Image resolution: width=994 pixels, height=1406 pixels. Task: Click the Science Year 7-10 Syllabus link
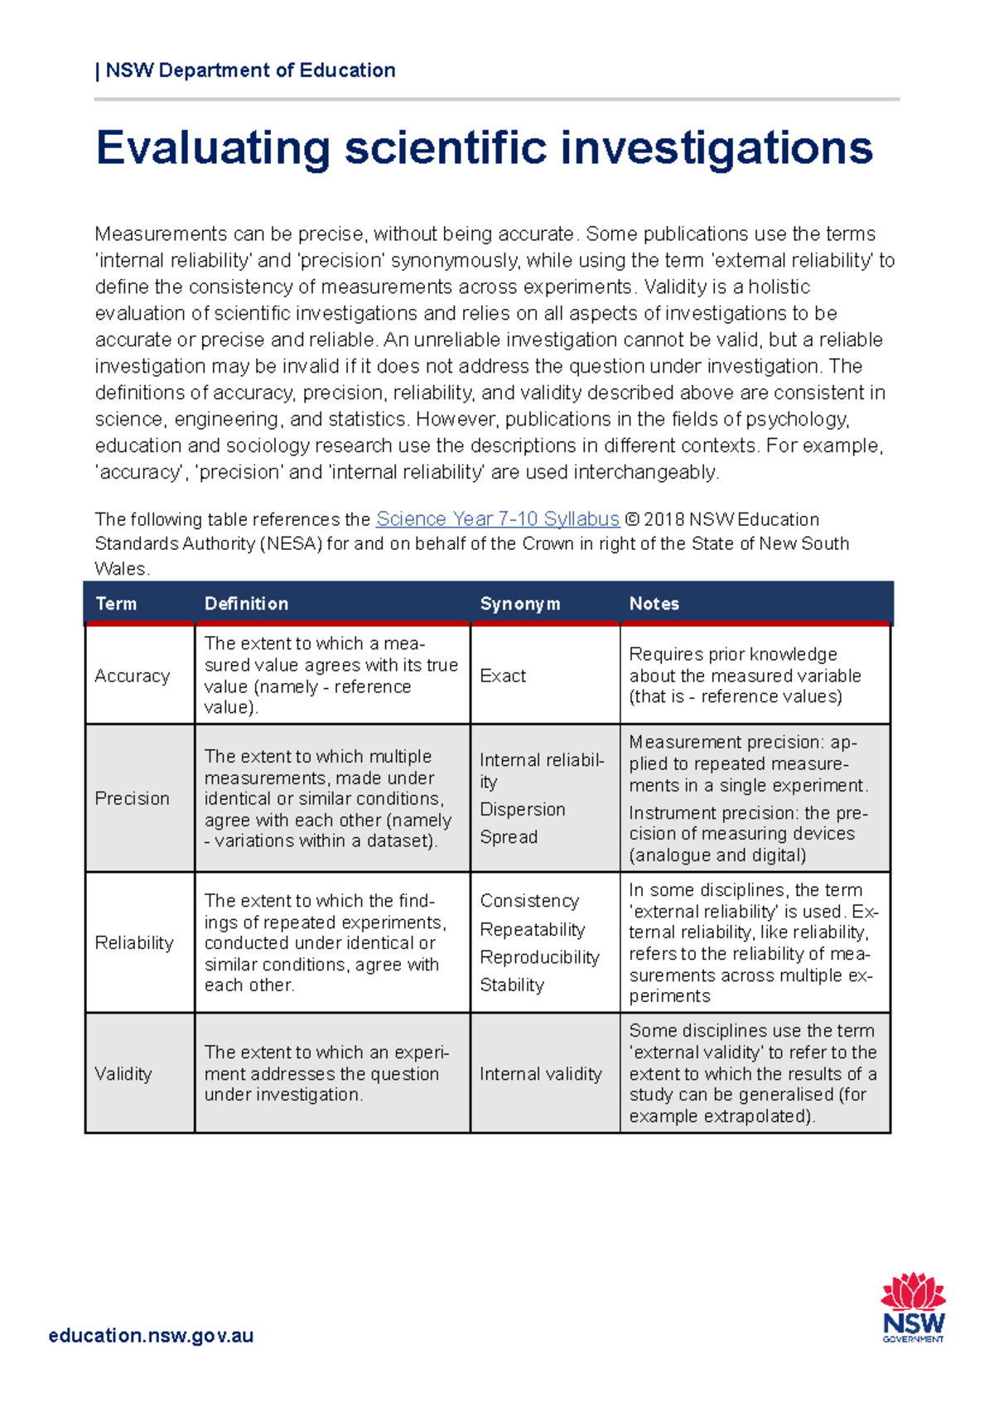click(x=497, y=519)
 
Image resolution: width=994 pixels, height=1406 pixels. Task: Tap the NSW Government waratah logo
click(x=913, y=1307)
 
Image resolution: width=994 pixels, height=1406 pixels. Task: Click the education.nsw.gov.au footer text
click(x=151, y=1335)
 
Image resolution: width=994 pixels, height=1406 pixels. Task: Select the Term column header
click(x=116, y=604)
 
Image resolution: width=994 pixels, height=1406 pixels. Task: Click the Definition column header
click(x=246, y=604)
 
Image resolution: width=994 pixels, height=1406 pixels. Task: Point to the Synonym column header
click(x=519, y=604)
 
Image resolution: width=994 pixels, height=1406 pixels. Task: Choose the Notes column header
click(x=654, y=604)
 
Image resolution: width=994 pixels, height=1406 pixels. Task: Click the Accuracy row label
click(x=132, y=676)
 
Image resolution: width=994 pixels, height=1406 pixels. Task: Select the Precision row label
click(x=132, y=798)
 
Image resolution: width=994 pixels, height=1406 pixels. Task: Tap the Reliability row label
click(x=134, y=942)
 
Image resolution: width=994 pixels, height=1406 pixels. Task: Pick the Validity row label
click(x=123, y=1074)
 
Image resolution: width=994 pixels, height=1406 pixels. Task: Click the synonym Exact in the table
click(x=503, y=676)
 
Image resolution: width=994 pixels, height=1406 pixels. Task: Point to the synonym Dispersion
click(x=523, y=809)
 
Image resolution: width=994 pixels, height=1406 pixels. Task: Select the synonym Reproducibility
click(x=539, y=957)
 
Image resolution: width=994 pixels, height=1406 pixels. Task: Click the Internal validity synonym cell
click(x=540, y=1074)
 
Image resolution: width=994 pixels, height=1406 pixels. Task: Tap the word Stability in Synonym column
click(x=512, y=985)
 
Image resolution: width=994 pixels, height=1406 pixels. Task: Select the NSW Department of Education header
click(x=250, y=70)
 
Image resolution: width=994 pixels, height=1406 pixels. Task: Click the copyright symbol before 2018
click(x=632, y=520)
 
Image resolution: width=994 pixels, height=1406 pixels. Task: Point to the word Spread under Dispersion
click(x=509, y=837)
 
